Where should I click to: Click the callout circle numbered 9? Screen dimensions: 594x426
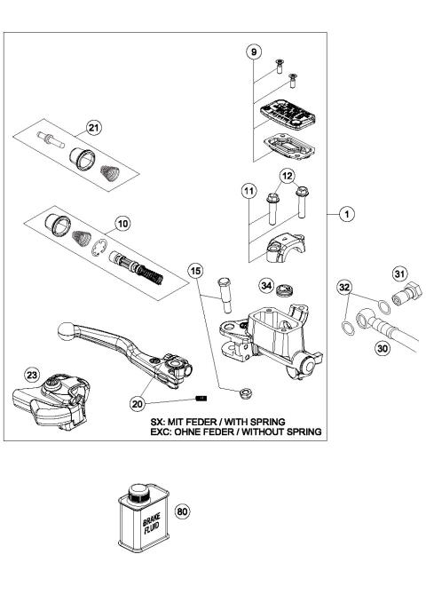[x=254, y=52]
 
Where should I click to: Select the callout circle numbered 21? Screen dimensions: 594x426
[x=93, y=127]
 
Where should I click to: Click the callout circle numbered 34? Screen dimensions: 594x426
[x=265, y=285]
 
